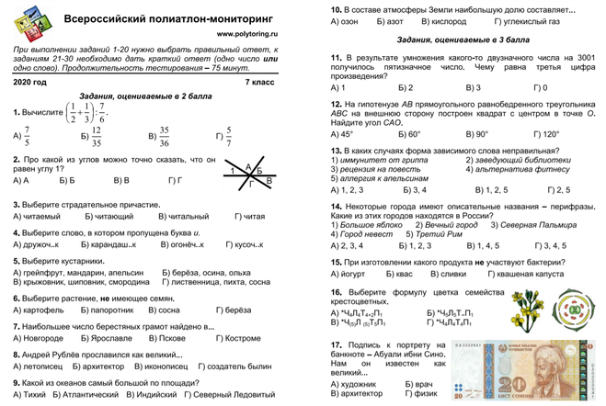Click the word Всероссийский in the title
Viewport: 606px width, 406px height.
pos(108,18)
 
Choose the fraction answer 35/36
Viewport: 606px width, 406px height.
pos(160,136)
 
